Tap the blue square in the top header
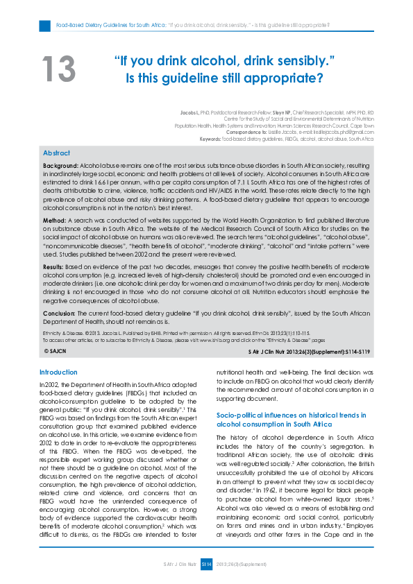click(x=44, y=26)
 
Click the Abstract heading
click(x=56, y=153)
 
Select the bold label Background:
click(x=60, y=167)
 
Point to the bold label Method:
click(x=55, y=219)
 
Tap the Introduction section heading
click(x=58, y=372)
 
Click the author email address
click(x=344, y=132)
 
